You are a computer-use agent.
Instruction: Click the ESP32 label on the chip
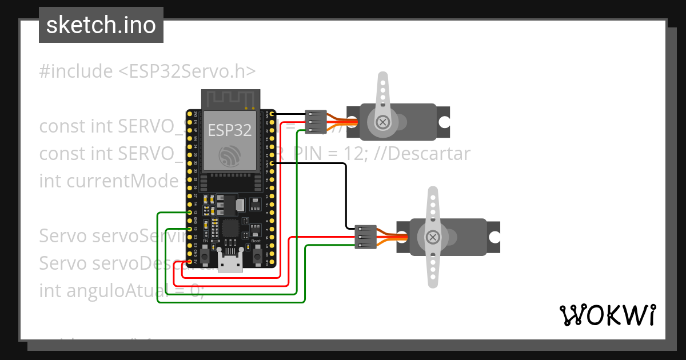click(x=230, y=130)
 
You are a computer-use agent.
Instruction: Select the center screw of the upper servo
click(x=382, y=122)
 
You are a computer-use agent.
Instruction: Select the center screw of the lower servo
click(x=433, y=237)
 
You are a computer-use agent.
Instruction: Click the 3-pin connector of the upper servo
click(x=316, y=122)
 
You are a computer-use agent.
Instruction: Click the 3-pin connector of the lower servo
click(x=365, y=237)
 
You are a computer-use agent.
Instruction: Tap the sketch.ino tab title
click(x=101, y=25)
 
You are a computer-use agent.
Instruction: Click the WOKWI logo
click(x=607, y=315)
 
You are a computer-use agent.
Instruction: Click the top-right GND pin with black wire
click(x=272, y=114)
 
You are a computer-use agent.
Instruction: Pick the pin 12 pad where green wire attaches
click(x=190, y=212)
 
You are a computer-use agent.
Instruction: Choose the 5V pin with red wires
click(x=190, y=261)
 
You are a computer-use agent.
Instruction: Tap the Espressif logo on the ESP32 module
click(x=229, y=155)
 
